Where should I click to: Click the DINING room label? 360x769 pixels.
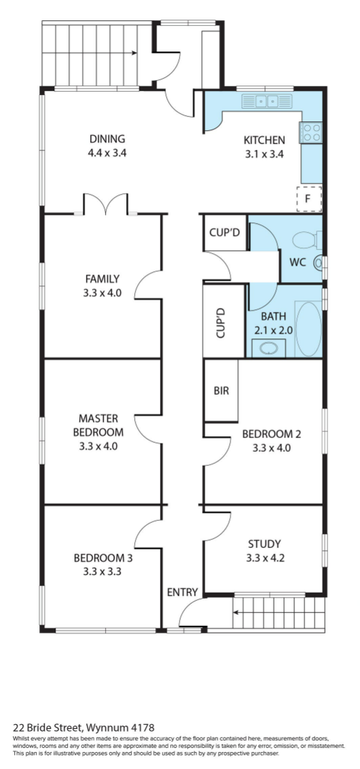pos(107,139)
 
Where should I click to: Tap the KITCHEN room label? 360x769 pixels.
pos(264,140)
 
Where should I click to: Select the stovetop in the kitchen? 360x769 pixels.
pos(311,132)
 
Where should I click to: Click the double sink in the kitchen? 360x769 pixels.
pos(267,102)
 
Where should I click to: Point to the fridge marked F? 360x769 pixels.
pos(309,199)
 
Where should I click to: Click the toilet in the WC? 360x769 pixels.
pos(304,240)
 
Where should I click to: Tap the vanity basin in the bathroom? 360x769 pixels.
pos(268,349)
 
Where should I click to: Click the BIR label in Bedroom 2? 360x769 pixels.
pos(221,391)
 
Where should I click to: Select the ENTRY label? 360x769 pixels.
pos(182,592)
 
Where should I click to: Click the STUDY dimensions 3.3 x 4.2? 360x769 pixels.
pos(264,557)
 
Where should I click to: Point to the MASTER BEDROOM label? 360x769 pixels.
pos(98,425)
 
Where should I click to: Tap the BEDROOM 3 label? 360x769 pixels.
pos(103,557)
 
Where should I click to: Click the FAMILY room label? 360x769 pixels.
pos(102,279)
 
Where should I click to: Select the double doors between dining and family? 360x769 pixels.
pos(106,203)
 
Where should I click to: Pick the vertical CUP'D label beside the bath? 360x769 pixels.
pos(220,322)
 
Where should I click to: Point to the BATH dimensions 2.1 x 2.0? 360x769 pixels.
pos(273,330)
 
